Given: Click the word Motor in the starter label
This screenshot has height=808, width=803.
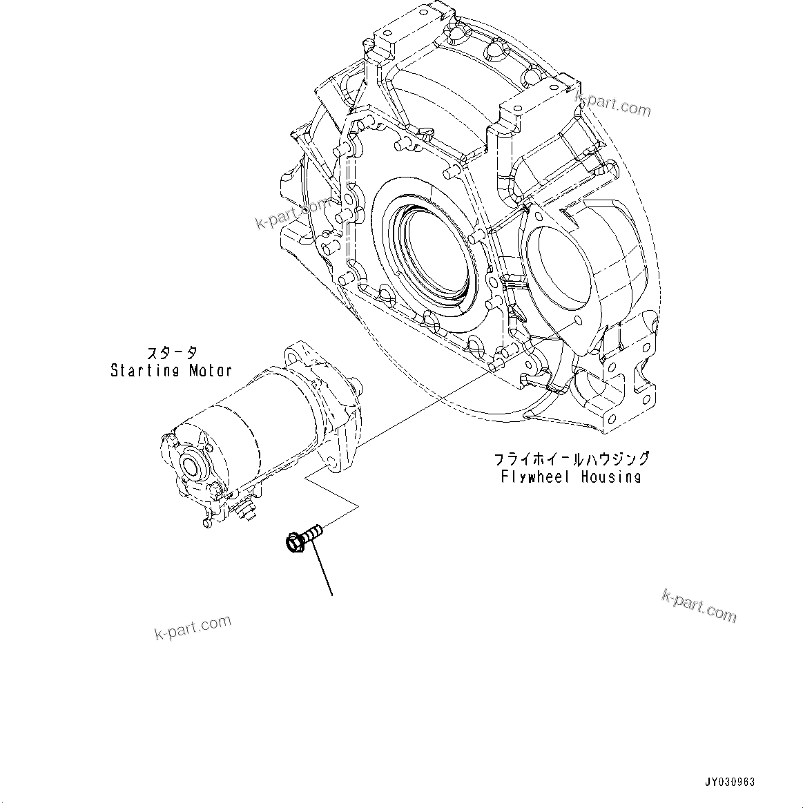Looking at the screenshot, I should pyautogui.click(x=209, y=371).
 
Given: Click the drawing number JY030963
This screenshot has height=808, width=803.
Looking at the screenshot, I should pyautogui.click(x=730, y=782).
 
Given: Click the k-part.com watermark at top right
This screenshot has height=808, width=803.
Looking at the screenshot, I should pyautogui.click(x=613, y=104).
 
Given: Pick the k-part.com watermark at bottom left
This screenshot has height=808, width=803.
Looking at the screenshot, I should pyautogui.click(x=193, y=627).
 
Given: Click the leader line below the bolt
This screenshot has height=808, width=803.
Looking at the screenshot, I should pyautogui.click(x=322, y=569).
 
